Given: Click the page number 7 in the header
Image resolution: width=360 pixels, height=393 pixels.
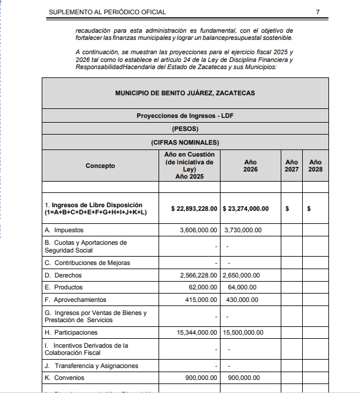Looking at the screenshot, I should (x=318, y=12).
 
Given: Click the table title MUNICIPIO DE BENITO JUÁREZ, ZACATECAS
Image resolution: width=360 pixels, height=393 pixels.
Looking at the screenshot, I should (x=185, y=93).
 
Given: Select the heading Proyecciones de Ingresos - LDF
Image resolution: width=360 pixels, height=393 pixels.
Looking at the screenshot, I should (x=185, y=116).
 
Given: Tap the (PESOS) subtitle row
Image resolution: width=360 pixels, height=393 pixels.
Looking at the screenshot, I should (x=185, y=129).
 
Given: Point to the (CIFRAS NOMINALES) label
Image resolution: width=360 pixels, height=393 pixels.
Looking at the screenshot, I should (x=185, y=142).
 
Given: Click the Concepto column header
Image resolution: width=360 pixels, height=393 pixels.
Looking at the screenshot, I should (x=100, y=166).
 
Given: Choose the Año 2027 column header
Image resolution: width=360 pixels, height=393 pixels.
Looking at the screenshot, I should (x=291, y=166).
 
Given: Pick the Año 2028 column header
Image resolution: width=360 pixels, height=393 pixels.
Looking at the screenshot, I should (x=315, y=166).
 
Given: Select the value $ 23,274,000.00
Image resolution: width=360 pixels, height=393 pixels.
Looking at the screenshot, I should (x=246, y=209).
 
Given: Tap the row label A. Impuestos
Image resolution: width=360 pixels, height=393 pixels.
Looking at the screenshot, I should (x=64, y=230).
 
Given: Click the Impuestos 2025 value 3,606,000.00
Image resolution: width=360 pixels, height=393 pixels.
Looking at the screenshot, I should (x=198, y=230).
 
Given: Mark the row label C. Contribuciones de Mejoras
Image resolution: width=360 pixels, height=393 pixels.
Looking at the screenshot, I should (x=87, y=263).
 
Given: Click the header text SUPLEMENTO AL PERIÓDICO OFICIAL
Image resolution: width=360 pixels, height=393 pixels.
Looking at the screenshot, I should (x=107, y=12).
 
